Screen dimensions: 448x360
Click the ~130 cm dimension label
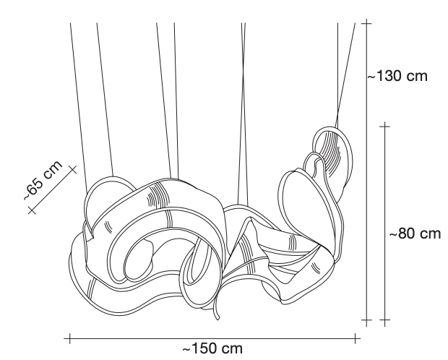tap(397, 77)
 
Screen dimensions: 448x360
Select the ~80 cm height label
tap(415, 233)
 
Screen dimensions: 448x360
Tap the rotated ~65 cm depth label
tap(43, 181)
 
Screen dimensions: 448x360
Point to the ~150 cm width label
tap(212, 348)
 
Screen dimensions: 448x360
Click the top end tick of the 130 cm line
tap(366, 23)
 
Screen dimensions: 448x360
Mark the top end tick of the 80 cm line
tap(385, 126)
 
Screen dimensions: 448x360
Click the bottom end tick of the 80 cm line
tap(385, 320)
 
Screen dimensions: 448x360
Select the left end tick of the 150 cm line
tap(69, 338)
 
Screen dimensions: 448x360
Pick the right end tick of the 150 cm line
tap(356, 338)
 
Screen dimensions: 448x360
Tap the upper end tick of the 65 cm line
tap(73, 169)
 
